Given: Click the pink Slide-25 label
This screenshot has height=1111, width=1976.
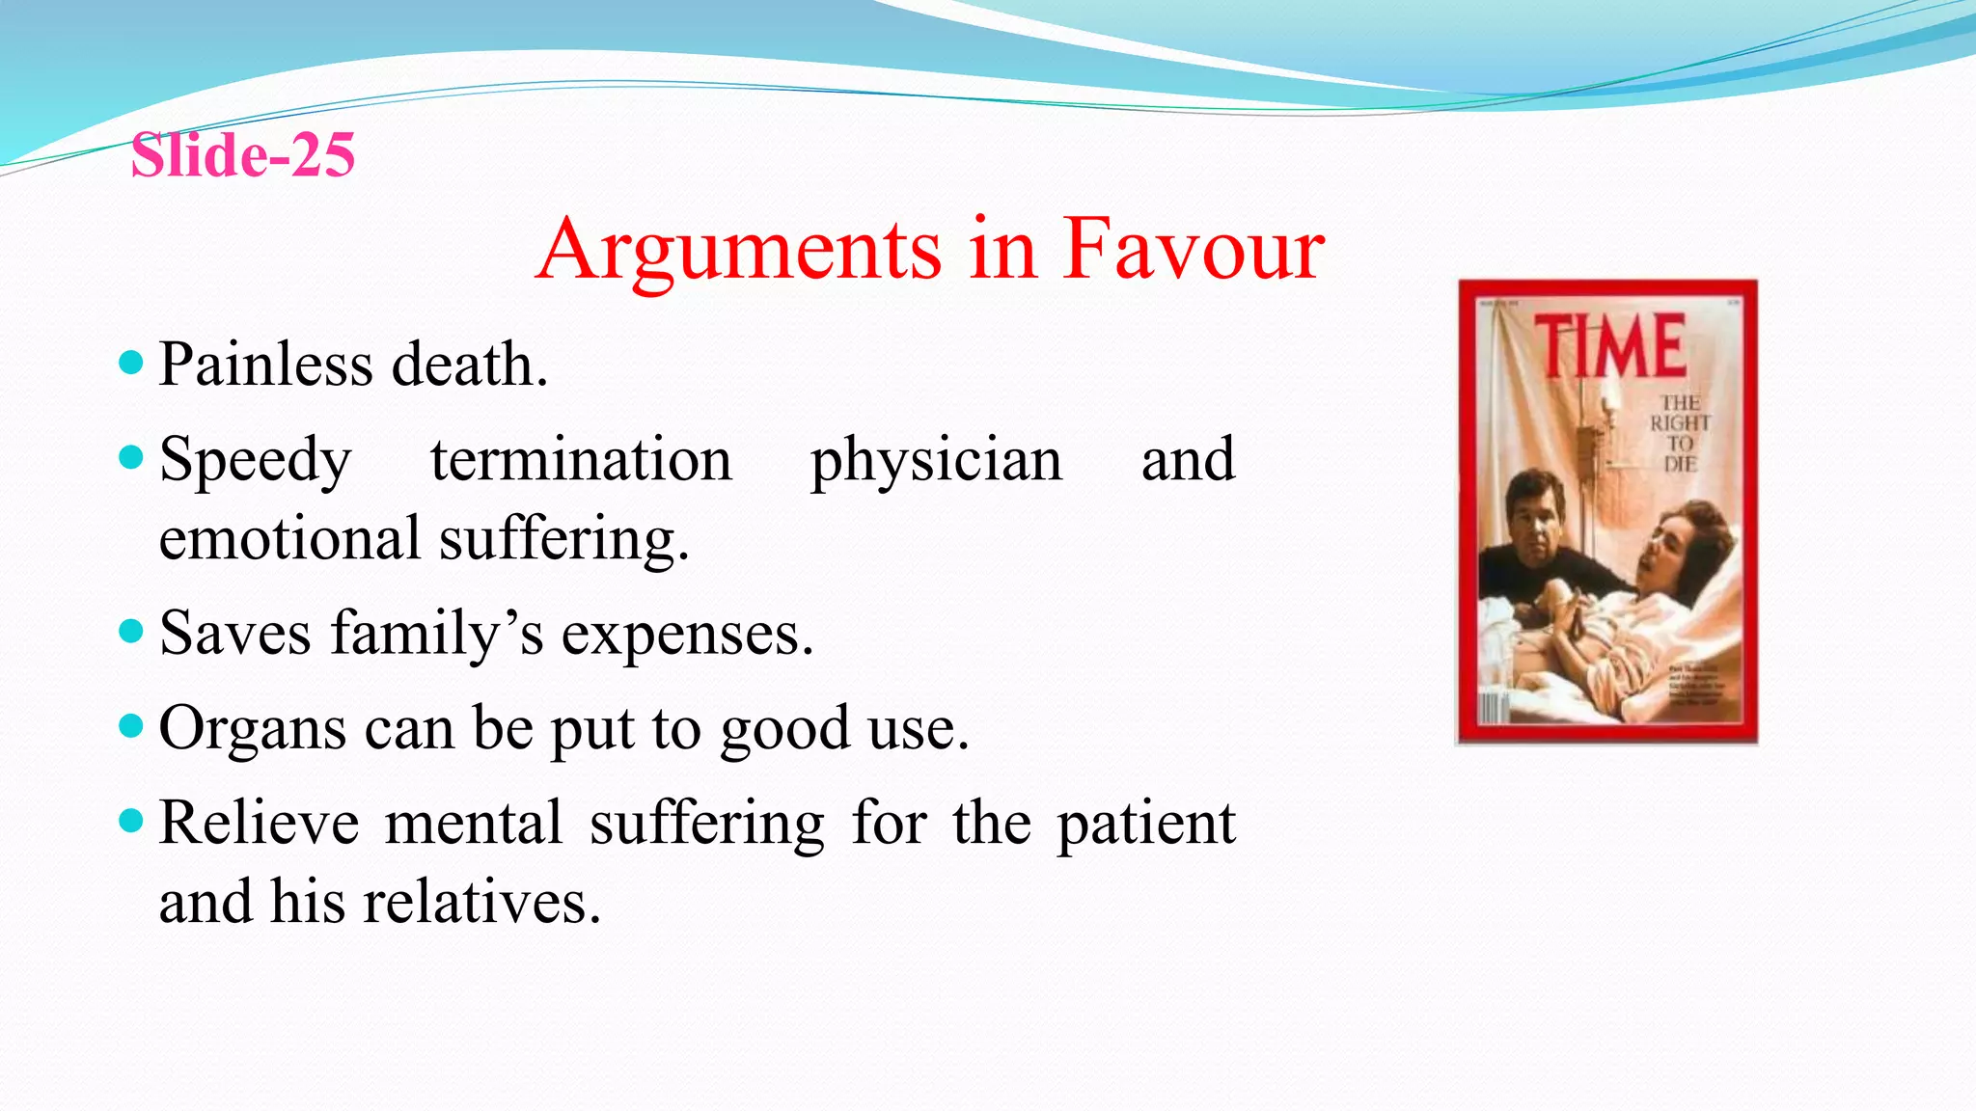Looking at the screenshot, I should coord(243,155).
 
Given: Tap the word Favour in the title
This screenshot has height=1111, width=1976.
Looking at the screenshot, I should coord(1194,250).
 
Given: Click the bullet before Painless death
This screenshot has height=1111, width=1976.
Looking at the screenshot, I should coord(131,364).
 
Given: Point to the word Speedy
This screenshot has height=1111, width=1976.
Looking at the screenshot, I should coord(256,460).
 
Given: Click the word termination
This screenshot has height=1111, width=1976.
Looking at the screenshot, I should coord(581,459).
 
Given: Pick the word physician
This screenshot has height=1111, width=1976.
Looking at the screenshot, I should coord(936,460).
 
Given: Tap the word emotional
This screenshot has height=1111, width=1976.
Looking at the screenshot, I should coord(289,538).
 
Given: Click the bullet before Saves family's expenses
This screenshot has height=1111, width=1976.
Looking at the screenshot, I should coord(131,632).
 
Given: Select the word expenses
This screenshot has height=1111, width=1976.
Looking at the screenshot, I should coord(687,635).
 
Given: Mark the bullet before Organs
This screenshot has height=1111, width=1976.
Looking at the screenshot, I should coord(131,725).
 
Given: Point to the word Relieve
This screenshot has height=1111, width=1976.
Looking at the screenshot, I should coord(259,823).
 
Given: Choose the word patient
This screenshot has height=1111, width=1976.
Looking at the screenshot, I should coord(1146,825).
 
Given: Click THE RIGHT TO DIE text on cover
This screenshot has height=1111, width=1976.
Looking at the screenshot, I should coord(1680,433).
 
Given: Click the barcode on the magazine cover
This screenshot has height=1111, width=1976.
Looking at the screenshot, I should coord(1494,708).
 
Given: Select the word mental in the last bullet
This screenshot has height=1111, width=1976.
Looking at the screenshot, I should coord(473,823).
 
